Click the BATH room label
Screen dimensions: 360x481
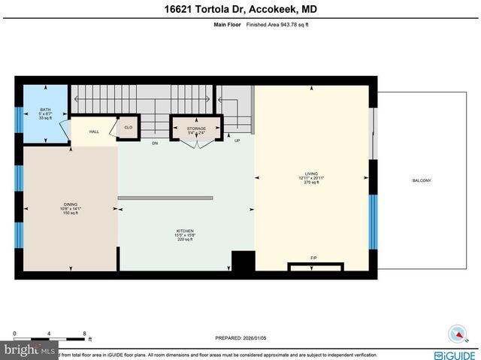click(45, 110)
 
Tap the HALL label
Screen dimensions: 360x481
click(94, 132)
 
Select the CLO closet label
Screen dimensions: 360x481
click(129, 128)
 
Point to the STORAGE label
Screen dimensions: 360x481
click(196, 129)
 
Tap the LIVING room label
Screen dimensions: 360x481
click(311, 174)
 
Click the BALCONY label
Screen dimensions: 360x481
click(422, 180)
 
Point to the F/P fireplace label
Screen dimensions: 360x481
click(314, 259)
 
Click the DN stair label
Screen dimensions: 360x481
click(155, 142)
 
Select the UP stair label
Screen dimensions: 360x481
click(237, 141)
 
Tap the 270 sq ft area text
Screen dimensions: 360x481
click(311, 183)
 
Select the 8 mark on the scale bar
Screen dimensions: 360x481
click(84, 333)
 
